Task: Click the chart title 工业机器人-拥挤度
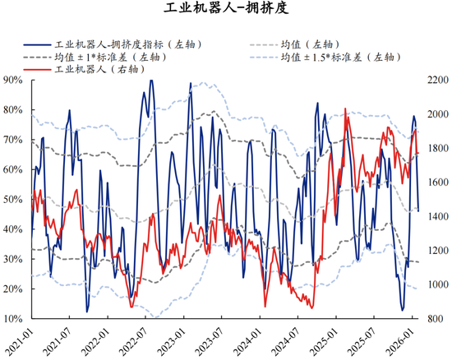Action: (x=225, y=10)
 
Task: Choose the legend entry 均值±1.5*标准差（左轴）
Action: (x=338, y=58)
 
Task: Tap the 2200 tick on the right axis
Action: (x=437, y=80)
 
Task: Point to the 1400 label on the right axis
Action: (x=437, y=216)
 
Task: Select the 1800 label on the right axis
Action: (x=437, y=148)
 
